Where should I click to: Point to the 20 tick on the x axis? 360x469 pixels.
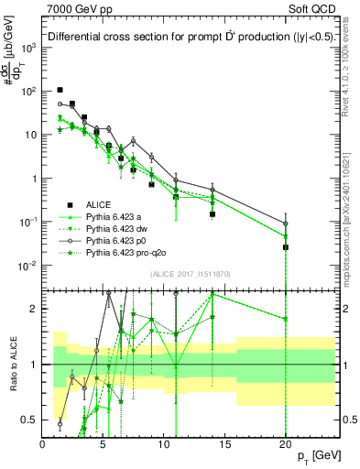(x=286, y=442)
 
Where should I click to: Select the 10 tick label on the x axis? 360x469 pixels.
(x=164, y=442)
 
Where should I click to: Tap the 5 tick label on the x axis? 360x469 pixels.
(x=104, y=442)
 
